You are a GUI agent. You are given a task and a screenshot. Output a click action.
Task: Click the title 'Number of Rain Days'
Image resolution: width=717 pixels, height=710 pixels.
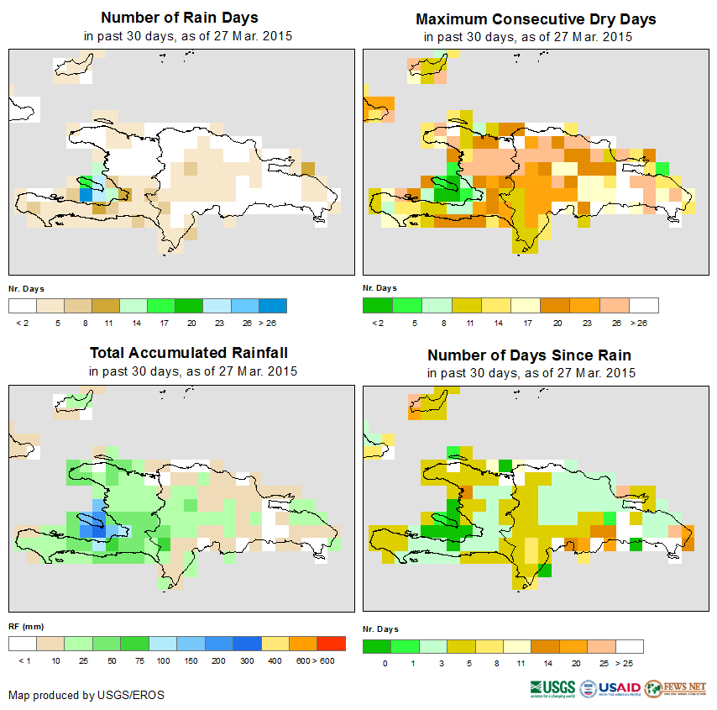point(179,18)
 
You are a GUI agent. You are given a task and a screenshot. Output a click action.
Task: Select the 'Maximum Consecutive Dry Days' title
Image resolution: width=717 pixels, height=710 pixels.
point(536,18)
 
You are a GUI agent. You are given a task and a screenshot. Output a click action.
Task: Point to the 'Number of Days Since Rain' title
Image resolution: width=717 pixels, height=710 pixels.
point(529,355)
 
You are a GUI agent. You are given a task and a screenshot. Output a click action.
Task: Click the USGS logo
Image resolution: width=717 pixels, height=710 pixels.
point(552,689)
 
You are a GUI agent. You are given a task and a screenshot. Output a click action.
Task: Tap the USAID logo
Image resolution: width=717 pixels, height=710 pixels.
point(619,689)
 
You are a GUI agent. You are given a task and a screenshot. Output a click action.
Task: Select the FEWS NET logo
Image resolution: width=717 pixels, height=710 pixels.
point(676,689)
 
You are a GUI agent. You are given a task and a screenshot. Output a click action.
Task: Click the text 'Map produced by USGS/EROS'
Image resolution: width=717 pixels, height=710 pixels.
point(86,695)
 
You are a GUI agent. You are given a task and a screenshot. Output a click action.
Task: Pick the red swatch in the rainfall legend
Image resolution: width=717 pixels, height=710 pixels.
point(332,644)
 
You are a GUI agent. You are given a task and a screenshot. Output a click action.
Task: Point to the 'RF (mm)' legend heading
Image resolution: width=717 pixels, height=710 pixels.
point(26,627)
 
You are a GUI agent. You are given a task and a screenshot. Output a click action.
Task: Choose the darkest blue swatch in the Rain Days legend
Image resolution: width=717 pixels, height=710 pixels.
point(273,305)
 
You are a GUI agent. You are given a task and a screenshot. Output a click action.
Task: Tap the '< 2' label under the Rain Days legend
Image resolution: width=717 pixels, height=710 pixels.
point(23,322)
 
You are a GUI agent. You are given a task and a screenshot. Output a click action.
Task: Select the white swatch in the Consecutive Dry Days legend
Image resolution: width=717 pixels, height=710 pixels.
point(644,305)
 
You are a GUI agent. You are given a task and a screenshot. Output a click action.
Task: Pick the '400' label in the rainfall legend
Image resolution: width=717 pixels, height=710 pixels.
point(275,661)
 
